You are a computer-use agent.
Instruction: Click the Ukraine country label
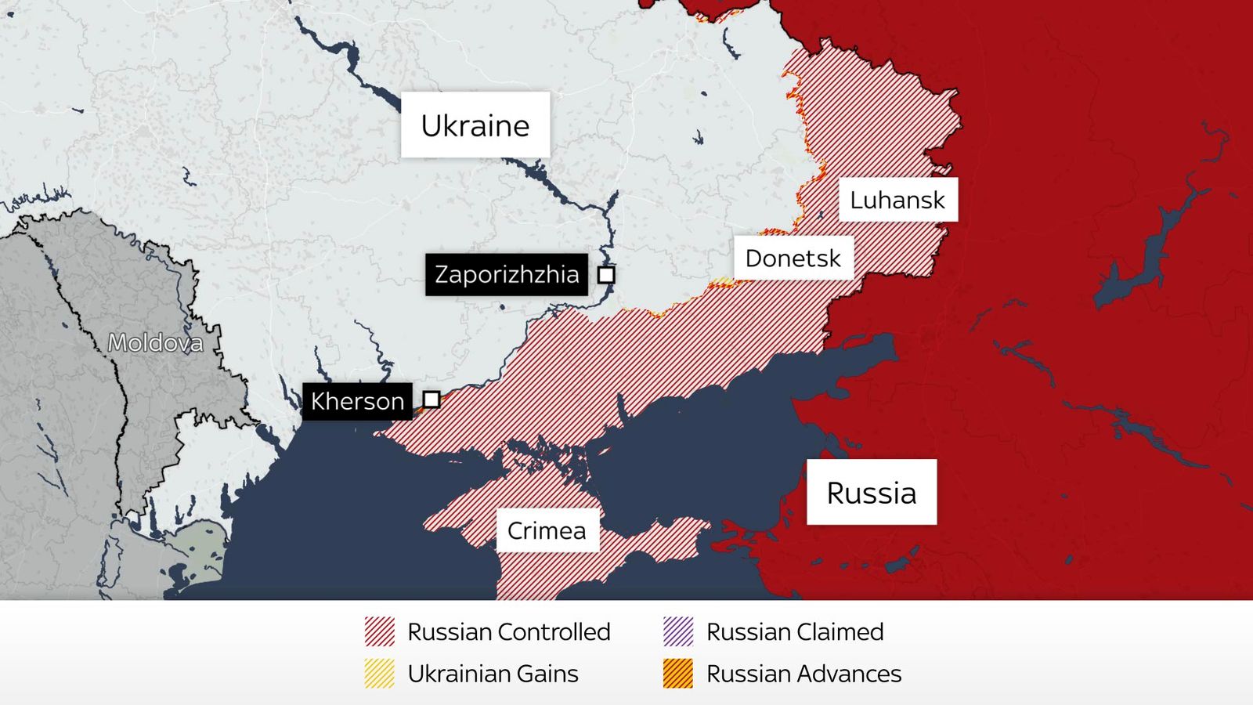click(475, 125)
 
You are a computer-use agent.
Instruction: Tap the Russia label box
click(872, 493)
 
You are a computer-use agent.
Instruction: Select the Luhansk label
click(897, 201)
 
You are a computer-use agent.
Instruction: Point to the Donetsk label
click(793, 258)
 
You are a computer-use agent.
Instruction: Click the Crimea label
click(547, 531)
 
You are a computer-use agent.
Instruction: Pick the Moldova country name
click(155, 342)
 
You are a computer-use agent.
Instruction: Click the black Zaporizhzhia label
click(507, 275)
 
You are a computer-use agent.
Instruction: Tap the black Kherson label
click(357, 401)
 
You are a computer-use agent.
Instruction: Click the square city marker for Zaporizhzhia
click(606, 275)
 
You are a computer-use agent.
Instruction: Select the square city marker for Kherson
click(432, 399)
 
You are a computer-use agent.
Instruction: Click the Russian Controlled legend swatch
click(380, 631)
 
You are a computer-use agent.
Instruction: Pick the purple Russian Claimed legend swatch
click(678, 631)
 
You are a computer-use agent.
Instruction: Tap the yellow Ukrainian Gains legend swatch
click(380, 674)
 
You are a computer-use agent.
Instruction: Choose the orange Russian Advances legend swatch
click(678, 674)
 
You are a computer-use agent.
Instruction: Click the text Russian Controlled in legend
click(509, 631)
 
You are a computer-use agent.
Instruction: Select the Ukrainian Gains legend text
click(493, 674)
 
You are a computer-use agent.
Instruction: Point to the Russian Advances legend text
click(803, 674)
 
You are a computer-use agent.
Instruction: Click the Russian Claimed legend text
click(795, 631)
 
